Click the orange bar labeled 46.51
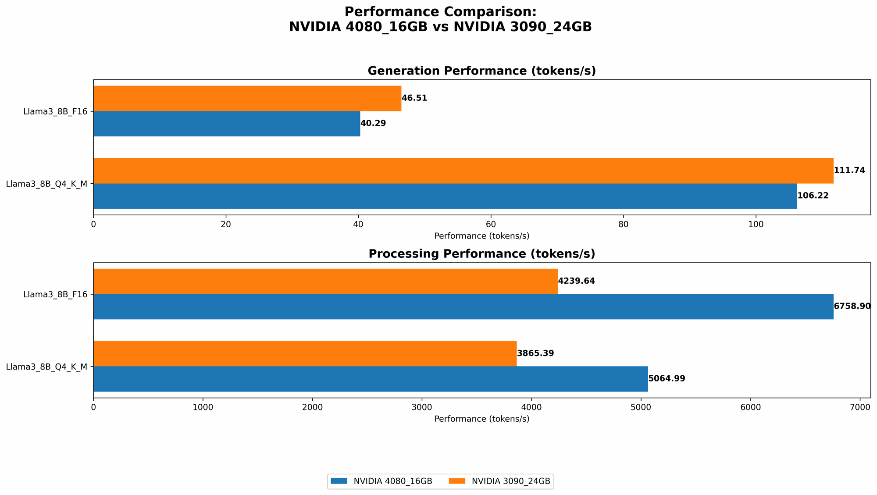coord(247,98)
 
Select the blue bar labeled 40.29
coord(227,124)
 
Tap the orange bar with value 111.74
coord(463,171)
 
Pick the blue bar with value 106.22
coord(445,196)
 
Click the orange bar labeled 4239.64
coord(325,281)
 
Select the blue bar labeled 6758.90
coord(463,306)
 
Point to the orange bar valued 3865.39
coord(305,353)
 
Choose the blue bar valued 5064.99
coord(371,379)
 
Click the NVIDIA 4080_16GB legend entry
coord(381,481)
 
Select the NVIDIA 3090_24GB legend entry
coord(500,481)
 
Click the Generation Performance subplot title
coord(481,71)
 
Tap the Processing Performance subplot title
coord(481,254)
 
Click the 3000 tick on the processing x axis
coord(422,407)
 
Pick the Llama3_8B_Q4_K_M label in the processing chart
coord(46,367)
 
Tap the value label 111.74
coord(849,171)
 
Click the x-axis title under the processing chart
coord(481,419)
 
